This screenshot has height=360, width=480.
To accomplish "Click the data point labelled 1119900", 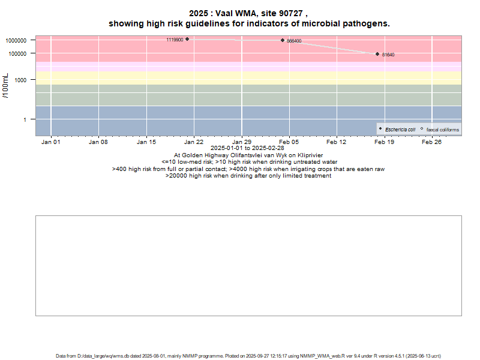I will pyautogui.click(x=187, y=39).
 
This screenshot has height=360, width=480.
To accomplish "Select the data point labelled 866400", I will pyautogui.click(x=283, y=40).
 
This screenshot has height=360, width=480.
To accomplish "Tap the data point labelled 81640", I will pyautogui.click(x=377, y=54).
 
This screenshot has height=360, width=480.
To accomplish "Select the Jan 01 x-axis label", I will pyautogui.click(x=50, y=142).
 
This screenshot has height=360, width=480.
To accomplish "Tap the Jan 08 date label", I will pyautogui.click(x=98, y=142).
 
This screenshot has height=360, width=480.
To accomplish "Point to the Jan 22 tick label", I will pyautogui.click(x=193, y=142).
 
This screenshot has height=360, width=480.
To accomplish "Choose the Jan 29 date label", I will pyautogui.click(x=241, y=142).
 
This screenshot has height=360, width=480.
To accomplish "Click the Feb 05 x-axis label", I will pyautogui.click(x=289, y=142).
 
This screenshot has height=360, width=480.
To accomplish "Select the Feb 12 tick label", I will pyautogui.click(x=337, y=142).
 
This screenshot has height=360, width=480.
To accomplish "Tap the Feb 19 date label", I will pyautogui.click(x=384, y=142).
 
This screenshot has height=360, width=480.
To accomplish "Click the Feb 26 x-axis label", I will pyautogui.click(x=432, y=142).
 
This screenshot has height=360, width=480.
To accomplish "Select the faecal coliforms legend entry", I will pyautogui.click(x=442, y=130).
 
